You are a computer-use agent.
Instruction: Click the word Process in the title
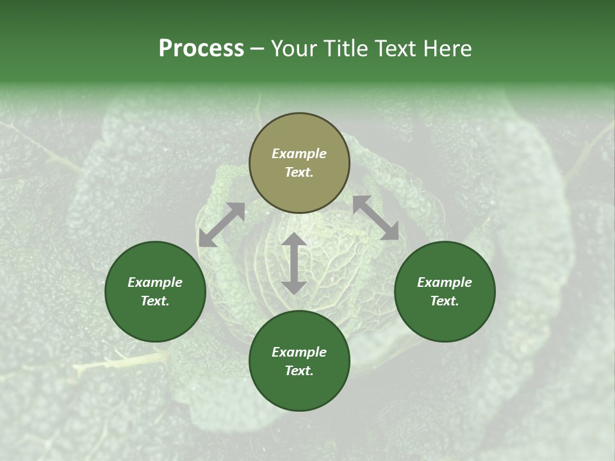pos(201,49)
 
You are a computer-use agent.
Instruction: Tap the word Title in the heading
pos(347,49)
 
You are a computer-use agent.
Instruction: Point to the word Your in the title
pos(295,49)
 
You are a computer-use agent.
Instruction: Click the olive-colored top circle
pos(299,163)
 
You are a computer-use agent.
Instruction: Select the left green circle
pos(155,291)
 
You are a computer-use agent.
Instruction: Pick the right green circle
pos(445,291)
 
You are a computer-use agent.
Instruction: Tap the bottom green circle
pos(299,361)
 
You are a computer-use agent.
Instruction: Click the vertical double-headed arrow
pos(294,263)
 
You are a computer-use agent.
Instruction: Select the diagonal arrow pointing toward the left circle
pos(222,225)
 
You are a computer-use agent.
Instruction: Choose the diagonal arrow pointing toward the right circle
pos(375,218)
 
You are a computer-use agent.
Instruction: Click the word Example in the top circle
pos(299,154)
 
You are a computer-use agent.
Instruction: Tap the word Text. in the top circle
pos(299,172)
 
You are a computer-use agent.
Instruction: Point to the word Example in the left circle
pos(155,282)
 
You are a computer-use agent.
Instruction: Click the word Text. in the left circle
pos(155,301)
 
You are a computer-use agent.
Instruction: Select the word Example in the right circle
pos(445,282)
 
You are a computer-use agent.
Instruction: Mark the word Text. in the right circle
pos(445,301)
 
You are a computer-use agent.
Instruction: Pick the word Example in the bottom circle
pos(299,352)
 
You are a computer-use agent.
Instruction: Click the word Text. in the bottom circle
pos(299,371)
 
